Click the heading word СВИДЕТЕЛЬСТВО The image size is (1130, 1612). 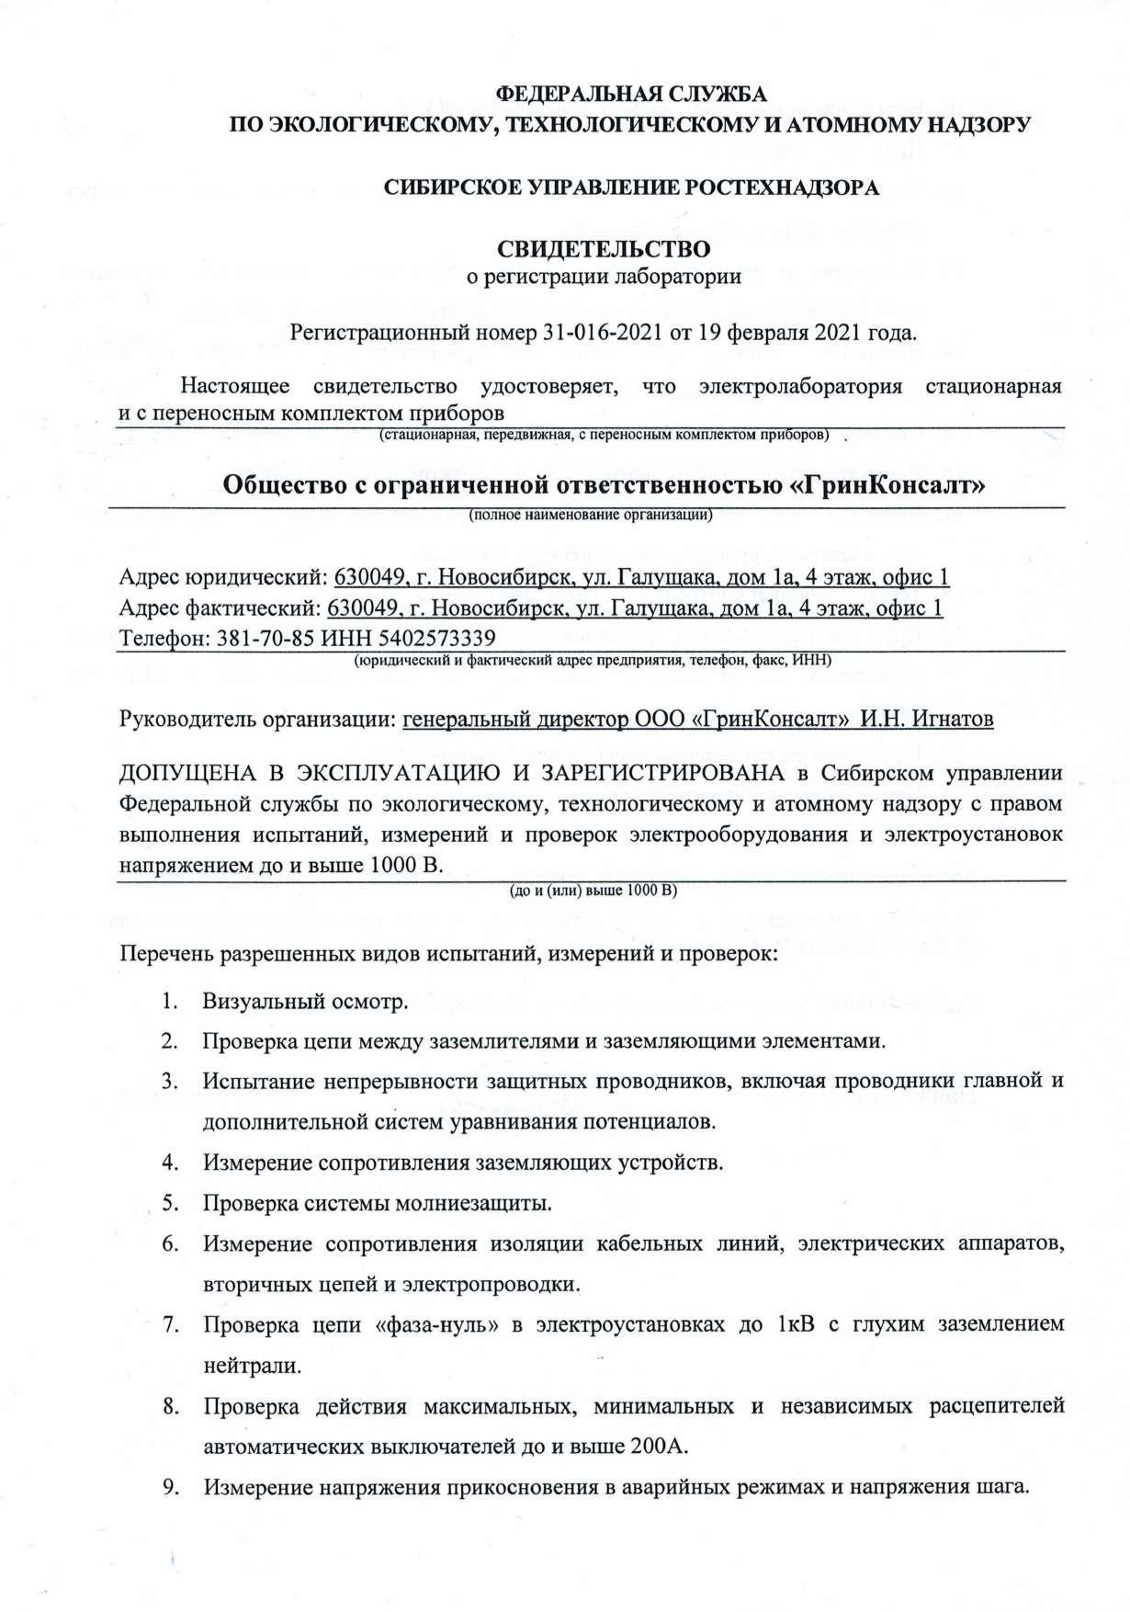click(604, 249)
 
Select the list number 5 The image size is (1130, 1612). click(169, 1202)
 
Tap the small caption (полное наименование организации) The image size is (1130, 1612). click(591, 515)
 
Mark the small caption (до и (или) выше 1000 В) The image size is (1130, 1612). click(592, 890)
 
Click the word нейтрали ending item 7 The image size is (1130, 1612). click(251, 1365)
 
